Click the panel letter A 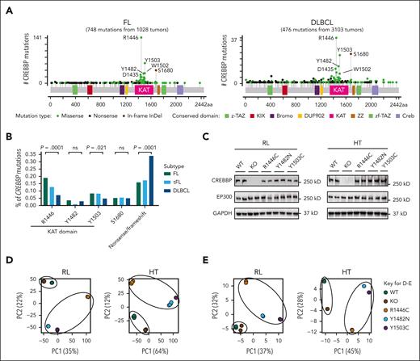(x=6, y=6)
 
